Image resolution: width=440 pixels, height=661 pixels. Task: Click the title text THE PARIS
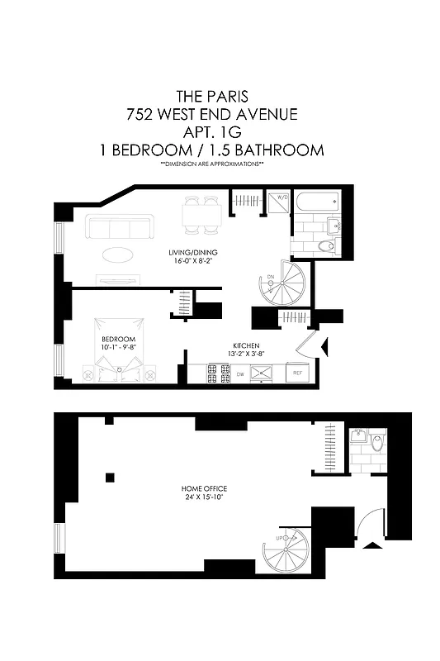click(x=219, y=97)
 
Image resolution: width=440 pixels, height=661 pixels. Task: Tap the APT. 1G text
click(x=219, y=132)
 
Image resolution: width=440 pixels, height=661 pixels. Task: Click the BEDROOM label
click(x=112, y=339)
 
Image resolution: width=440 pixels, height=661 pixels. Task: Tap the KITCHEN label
click(x=246, y=345)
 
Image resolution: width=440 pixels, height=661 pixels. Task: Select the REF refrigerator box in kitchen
click(x=297, y=373)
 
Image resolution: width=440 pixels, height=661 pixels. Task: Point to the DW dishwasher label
click(x=240, y=374)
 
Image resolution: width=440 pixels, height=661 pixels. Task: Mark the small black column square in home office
click(x=110, y=477)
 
